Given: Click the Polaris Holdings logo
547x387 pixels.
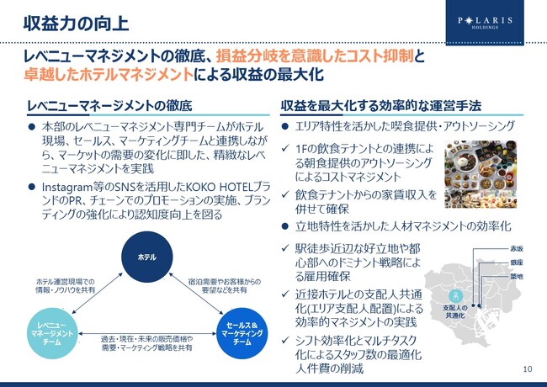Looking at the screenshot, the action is point(485,23).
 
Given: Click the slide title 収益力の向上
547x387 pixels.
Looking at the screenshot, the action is point(76,24).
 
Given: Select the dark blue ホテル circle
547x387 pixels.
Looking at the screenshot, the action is point(147,257).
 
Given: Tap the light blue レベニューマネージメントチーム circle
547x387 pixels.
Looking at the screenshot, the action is point(52,334).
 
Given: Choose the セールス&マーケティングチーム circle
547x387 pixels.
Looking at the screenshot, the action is point(242,333).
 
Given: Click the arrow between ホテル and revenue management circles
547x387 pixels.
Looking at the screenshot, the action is point(98,294).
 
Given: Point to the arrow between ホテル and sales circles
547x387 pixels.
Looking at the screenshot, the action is point(196,294).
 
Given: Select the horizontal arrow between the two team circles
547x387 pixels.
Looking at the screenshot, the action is point(147,334).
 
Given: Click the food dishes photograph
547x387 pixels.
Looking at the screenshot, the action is point(481,174).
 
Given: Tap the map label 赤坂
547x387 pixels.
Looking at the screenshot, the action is point(517,248).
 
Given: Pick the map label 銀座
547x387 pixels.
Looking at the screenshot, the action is point(517,262).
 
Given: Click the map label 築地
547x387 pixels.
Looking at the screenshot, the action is point(517,277).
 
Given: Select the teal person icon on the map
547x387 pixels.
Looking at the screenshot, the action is point(456,296).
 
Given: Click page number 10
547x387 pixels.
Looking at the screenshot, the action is point(528,368).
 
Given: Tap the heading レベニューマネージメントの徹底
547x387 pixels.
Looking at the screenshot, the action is point(109,106).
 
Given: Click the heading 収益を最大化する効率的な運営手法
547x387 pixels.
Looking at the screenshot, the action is point(381,106).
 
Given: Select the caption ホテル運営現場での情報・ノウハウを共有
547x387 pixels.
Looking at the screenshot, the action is point(66,285).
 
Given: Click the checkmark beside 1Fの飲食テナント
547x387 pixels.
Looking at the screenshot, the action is point(285,149).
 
